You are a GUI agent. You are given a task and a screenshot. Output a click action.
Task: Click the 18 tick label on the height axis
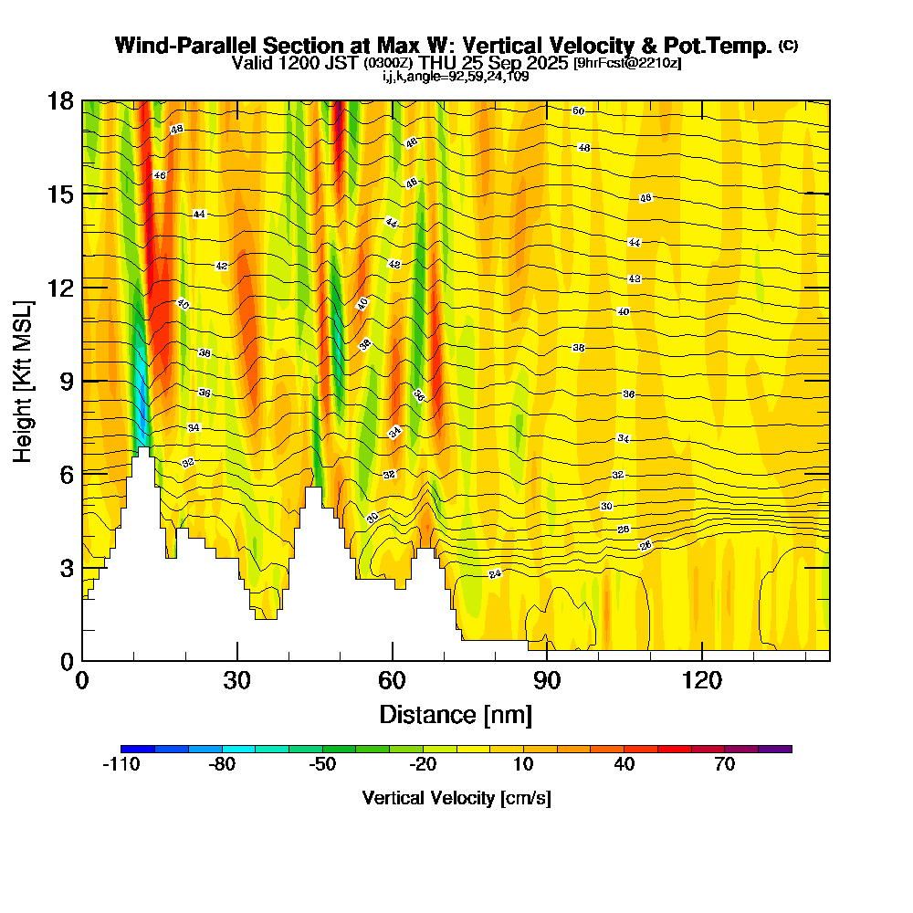pos(59,100)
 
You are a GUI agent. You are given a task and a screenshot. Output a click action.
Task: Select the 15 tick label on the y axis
pos(59,194)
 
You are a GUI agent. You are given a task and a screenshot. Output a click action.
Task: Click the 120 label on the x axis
pos(701,680)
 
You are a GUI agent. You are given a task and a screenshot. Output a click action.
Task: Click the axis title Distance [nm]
pos(456,713)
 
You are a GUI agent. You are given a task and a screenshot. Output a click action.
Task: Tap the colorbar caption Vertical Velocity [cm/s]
pos(456,798)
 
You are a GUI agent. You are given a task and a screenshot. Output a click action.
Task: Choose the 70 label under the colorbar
pos(725,766)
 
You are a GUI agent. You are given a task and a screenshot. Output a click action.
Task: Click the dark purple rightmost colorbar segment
pos(775,749)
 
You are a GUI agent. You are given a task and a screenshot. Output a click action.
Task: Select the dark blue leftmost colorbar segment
pos(138,749)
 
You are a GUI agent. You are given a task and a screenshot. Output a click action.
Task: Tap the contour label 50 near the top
pos(578,111)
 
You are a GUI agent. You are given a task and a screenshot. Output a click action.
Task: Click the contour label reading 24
pos(495,574)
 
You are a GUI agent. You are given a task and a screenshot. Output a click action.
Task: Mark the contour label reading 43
pos(635,278)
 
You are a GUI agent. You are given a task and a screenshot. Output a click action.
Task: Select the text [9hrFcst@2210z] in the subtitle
pos(626,64)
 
